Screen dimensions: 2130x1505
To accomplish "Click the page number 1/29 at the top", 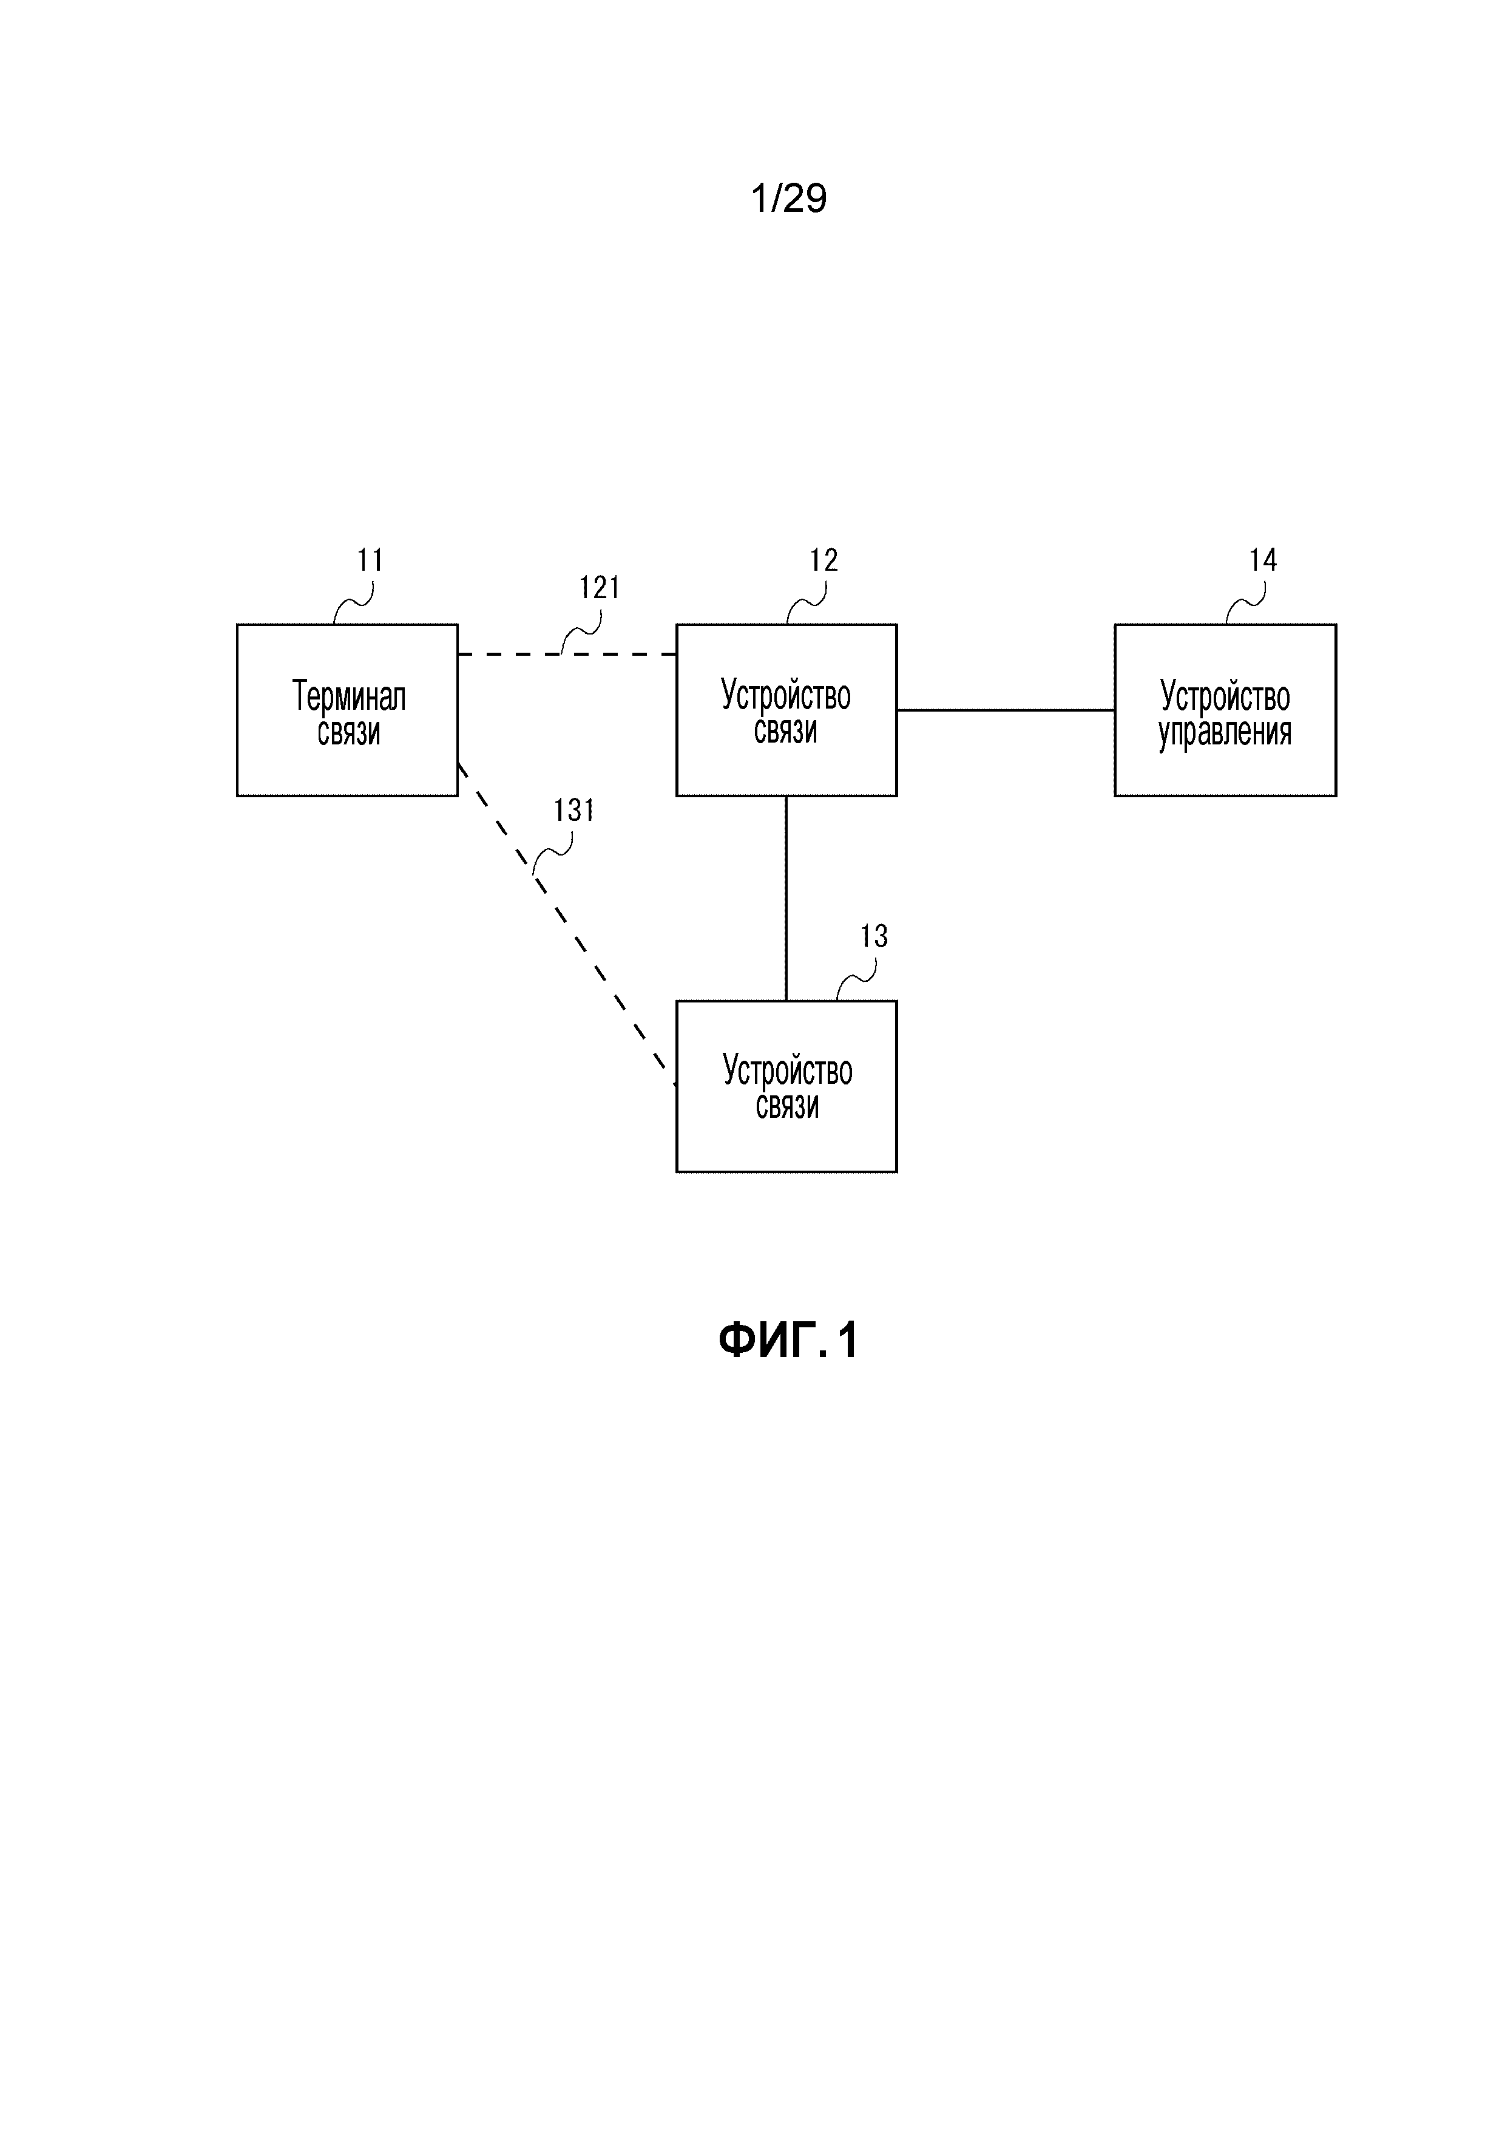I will [x=788, y=199].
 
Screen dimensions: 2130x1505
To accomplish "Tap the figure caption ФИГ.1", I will [x=788, y=1341].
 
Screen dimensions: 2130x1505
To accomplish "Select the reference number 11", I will [x=370, y=560].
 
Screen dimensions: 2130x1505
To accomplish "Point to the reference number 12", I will [x=824, y=560].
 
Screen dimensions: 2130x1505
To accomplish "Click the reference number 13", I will [x=873, y=937].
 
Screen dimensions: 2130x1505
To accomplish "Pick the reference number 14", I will [x=1263, y=560].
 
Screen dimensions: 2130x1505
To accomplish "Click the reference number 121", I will [x=599, y=588].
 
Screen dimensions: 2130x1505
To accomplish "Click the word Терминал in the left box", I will [x=349, y=696].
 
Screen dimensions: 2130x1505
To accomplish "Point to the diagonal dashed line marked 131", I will [x=594, y=965].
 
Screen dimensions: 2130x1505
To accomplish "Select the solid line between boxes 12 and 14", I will [x=1006, y=710].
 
